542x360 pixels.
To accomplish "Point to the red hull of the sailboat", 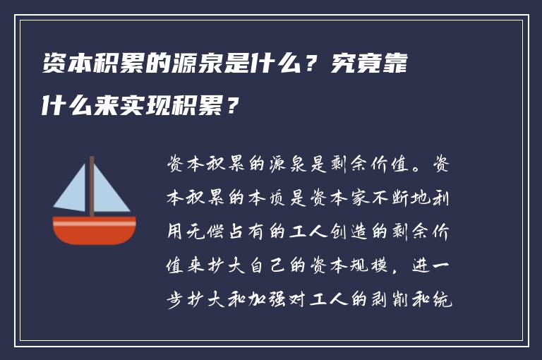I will (94, 229).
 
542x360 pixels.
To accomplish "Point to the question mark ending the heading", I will (232, 107).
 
